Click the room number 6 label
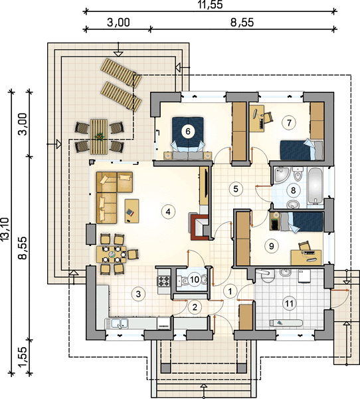[x=188, y=132]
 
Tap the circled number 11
[x=290, y=303]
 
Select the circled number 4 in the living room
[x=168, y=211]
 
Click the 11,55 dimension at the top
[x=211, y=5]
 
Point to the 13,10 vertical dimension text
[x=5, y=229]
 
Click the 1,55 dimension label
[x=23, y=357]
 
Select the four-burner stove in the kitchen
[x=164, y=281]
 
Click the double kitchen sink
[x=117, y=323]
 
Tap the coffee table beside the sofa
[x=132, y=211]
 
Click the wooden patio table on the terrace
[x=99, y=136]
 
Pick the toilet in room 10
[x=204, y=280]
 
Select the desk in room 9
[x=306, y=257]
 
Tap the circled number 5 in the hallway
[x=235, y=189]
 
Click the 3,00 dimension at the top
[x=118, y=23]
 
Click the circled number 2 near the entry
[x=195, y=307]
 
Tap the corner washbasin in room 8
[x=280, y=174]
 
